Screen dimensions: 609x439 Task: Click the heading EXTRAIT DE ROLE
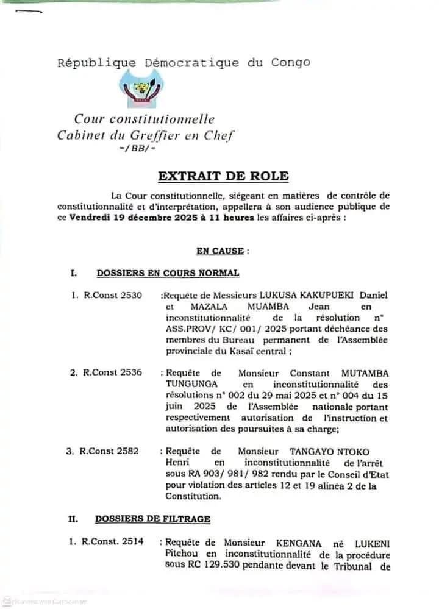pyautogui.click(x=223, y=176)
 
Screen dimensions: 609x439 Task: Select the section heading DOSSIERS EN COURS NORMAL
pyautogui.click(x=168, y=273)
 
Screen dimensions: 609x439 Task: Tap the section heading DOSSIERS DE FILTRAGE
pyautogui.click(x=152, y=519)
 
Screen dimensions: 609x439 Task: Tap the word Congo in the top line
pyautogui.click(x=291, y=62)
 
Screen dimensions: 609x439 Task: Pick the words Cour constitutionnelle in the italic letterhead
pyautogui.click(x=145, y=119)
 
